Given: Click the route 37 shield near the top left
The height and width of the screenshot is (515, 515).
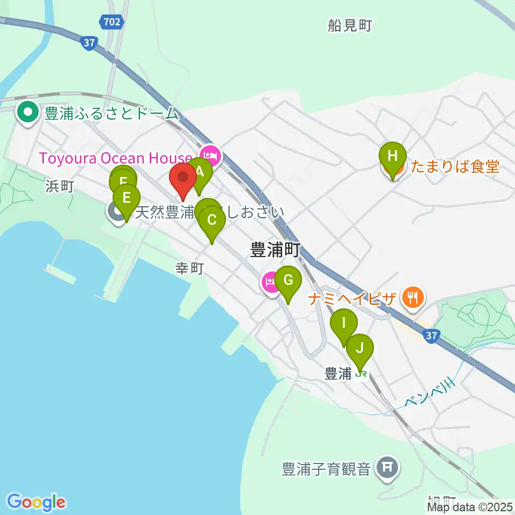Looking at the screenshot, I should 89,44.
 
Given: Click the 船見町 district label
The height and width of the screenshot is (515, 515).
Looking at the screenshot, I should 350,25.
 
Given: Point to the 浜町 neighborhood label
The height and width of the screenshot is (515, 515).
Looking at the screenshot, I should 60,186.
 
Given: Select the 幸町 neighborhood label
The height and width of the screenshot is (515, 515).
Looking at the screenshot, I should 190,268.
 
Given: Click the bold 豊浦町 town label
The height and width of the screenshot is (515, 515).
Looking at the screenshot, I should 275,249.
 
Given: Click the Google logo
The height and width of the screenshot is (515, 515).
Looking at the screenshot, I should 36,502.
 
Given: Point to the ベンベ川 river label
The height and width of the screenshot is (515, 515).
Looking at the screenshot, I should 430,394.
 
